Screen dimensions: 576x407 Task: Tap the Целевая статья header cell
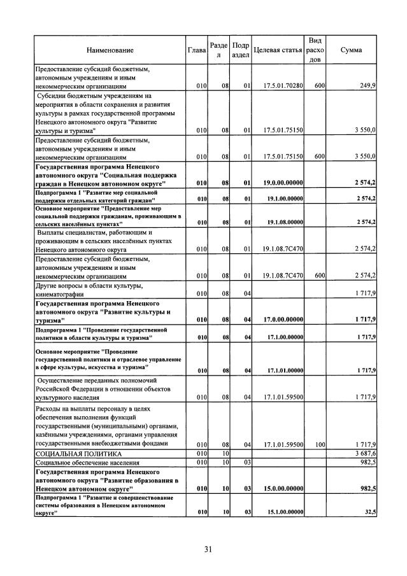point(278,50)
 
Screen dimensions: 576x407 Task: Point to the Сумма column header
point(352,50)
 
